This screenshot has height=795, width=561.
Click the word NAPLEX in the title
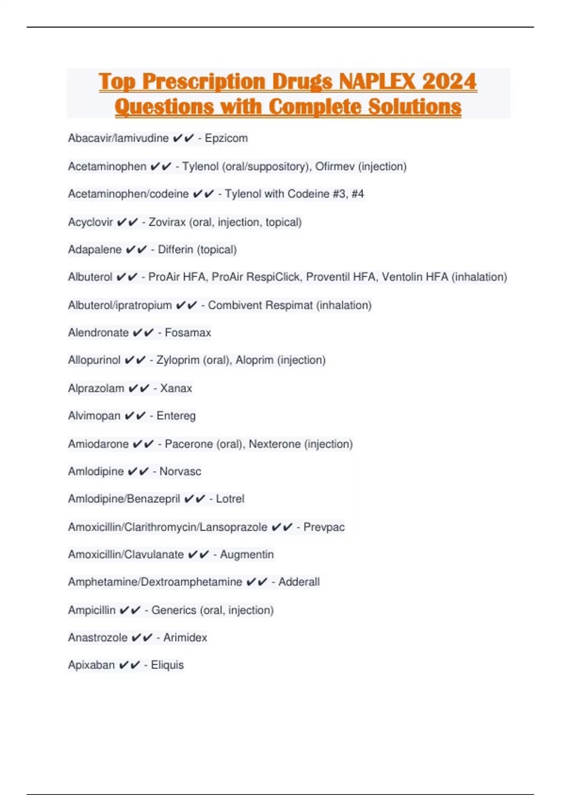point(377,81)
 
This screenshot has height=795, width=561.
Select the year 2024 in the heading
point(449,81)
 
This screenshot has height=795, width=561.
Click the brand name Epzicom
point(226,138)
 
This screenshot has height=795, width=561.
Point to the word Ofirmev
point(335,166)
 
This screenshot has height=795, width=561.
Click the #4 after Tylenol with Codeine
point(358,194)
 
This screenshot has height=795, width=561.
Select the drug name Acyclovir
point(91,222)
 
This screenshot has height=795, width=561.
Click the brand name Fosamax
point(188,333)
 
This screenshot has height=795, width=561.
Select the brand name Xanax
point(176,389)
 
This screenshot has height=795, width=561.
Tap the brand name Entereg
point(176,416)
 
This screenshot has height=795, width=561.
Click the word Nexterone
point(275,444)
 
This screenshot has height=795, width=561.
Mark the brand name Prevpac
point(324,528)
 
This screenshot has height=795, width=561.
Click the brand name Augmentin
point(247,555)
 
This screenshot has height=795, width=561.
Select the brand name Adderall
point(299,582)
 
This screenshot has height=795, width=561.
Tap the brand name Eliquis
point(167,665)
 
